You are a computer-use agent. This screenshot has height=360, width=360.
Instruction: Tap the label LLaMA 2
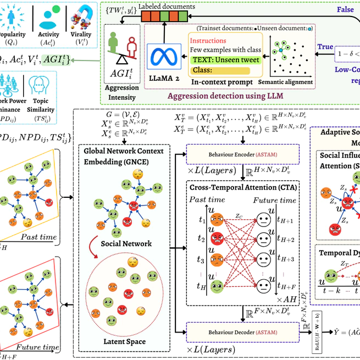[x=164, y=77]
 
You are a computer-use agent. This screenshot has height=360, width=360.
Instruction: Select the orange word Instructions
[x=207, y=41]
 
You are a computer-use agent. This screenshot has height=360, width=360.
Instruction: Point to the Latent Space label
[x=125, y=342]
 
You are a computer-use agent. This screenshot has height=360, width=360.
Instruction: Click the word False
[x=345, y=10]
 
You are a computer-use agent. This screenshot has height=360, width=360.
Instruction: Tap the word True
[x=325, y=47]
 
